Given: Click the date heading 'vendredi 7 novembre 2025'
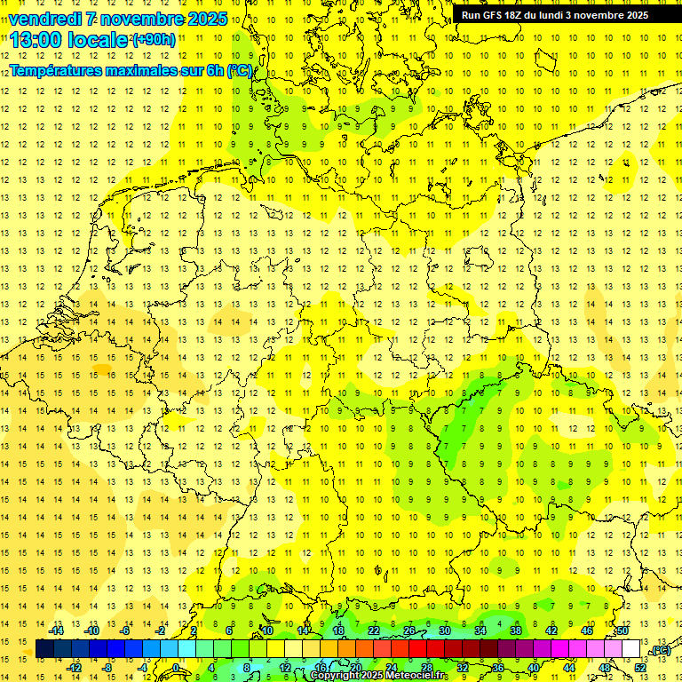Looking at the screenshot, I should (x=118, y=19).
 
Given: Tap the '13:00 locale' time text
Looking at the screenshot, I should (x=69, y=40).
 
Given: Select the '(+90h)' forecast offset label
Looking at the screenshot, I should (x=154, y=40).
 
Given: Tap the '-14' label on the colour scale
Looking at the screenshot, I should (x=58, y=630).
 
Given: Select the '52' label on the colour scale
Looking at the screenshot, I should (x=639, y=668).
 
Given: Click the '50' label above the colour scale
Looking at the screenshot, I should (x=623, y=630).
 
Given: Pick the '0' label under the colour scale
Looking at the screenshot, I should (x=176, y=668).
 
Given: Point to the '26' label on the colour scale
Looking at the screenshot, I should (x=409, y=630).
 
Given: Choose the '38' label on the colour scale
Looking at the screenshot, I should (x=516, y=630).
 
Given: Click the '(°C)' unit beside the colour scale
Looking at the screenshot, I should (x=660, y=650).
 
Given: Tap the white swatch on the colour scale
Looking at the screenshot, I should (x=630, y=649).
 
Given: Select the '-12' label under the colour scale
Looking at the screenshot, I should (x=75, y=668).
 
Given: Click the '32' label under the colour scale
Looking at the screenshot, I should (x=462, y=668).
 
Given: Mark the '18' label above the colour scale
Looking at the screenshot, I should (x=338, y=630).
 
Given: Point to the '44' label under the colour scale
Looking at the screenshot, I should (x=568, y=668).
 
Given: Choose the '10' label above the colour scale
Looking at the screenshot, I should (x=267, y=630).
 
